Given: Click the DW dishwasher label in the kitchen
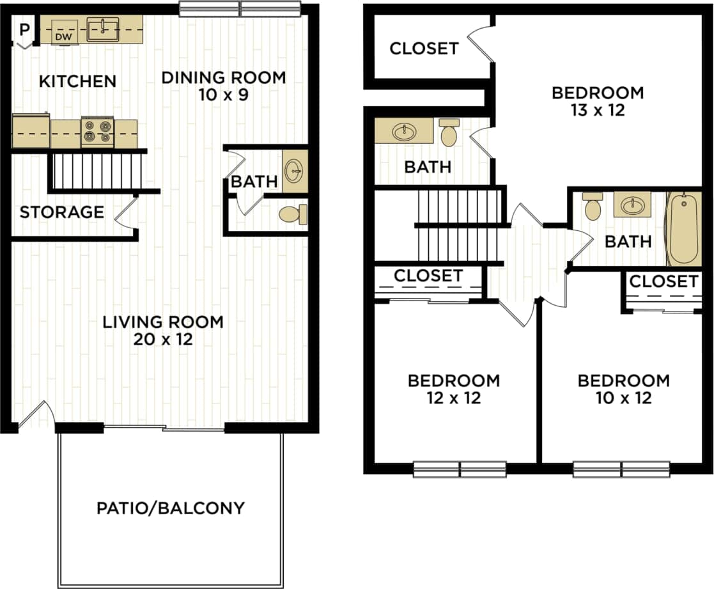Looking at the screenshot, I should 62,37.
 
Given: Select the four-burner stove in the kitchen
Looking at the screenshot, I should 97,132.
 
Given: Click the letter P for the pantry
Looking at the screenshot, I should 24,29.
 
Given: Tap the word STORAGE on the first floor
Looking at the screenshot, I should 61,212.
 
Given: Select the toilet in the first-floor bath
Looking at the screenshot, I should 293,215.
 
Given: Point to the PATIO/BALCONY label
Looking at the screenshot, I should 171,508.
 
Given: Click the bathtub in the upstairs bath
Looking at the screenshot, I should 683,229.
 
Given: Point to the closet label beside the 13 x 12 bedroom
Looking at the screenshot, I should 424,49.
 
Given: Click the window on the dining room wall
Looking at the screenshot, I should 240,9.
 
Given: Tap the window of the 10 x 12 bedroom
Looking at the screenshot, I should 621,469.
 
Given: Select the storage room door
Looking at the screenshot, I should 127,211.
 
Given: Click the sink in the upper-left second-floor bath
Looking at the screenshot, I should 404,132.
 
